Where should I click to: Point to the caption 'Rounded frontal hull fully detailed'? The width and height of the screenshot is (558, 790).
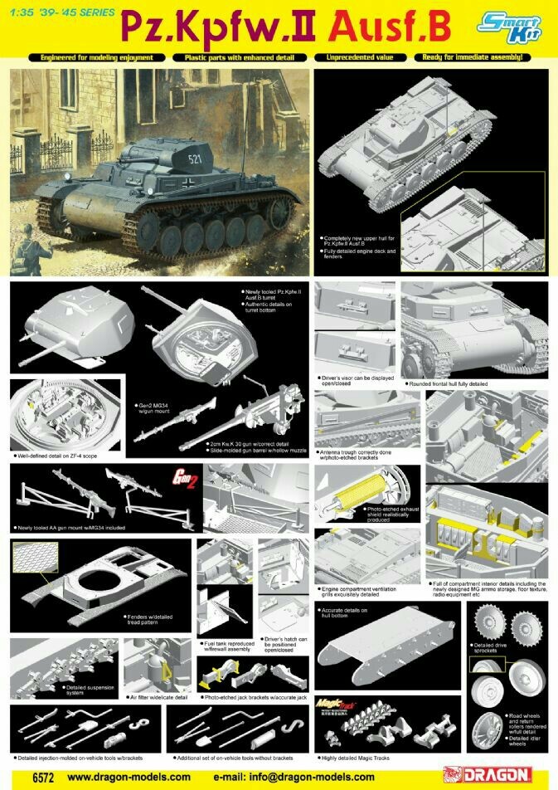[x=449, y=383]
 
